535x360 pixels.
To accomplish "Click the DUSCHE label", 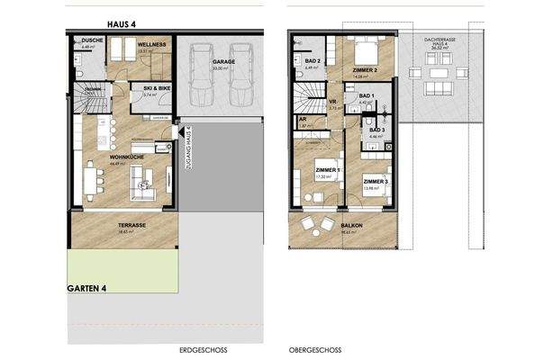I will point(93,41).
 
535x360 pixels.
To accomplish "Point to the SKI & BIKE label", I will point(157,88).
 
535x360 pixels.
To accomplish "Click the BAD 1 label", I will point(367,95).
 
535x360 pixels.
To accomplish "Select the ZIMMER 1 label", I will point(328,170).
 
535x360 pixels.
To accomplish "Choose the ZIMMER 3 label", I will point(376,183).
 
